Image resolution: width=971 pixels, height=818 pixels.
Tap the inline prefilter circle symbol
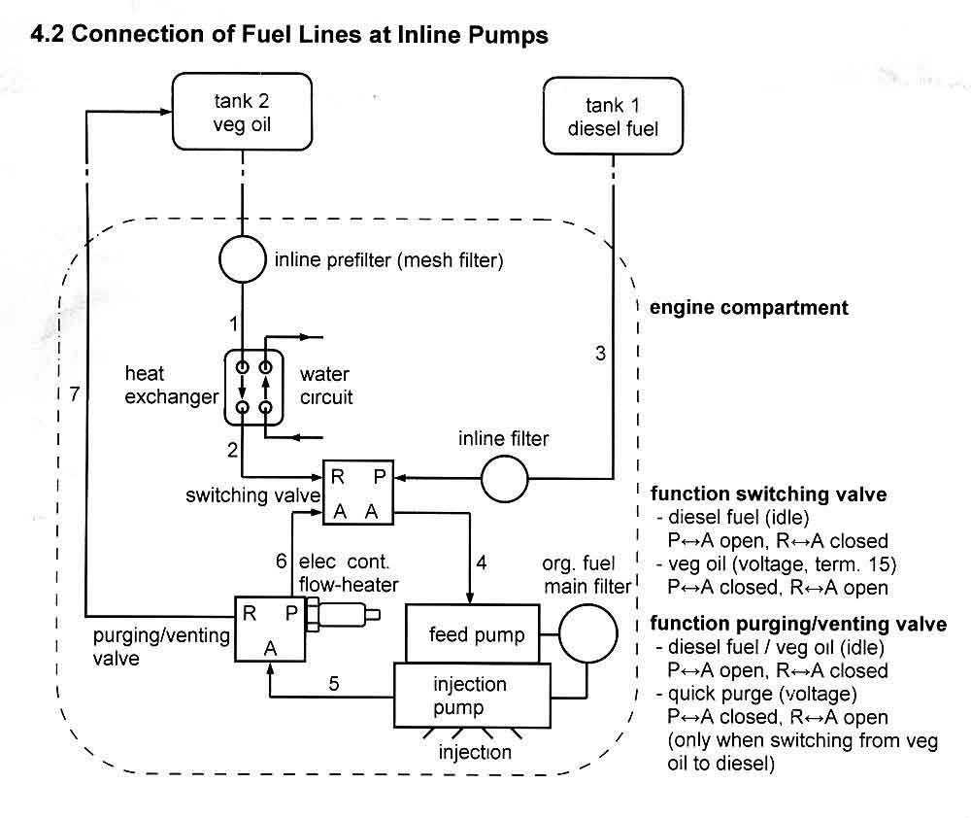[x=240, y=259]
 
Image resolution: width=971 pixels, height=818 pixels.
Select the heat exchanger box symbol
[x=252, y=387]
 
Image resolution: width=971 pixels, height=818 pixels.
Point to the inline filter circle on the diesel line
[x=505, y=478]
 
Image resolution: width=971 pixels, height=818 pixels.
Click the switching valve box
[x=358, y=494]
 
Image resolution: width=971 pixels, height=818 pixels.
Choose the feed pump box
[x=477, y=634]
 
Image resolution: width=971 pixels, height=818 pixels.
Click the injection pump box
[x=470, y=696]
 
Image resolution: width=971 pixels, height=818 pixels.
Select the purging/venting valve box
[x=269, y=630]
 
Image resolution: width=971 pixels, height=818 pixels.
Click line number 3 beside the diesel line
[x=600, y=354]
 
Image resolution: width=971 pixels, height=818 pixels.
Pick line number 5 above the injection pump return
[x=333, y=683]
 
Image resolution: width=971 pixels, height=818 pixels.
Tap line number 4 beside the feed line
[x=482, y=561]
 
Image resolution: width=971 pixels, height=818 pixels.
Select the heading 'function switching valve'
[x=767, y=494]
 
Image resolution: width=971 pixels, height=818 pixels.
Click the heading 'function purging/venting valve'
[x=798, y=624]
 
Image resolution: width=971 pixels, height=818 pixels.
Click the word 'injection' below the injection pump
[x=475, y=752]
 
